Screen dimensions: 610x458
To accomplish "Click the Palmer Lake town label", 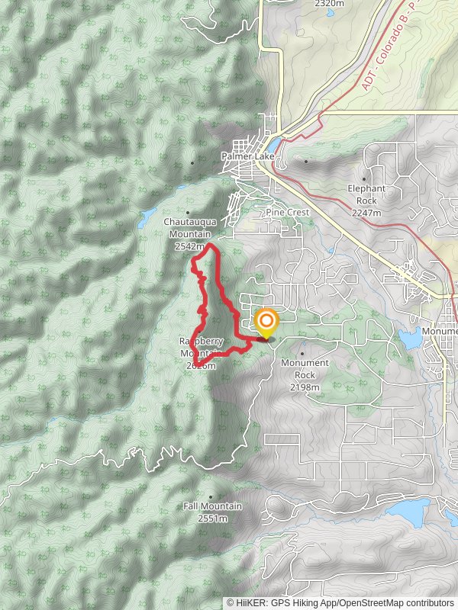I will pos(247,157).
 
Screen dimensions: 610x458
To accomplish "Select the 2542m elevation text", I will pos(189,246).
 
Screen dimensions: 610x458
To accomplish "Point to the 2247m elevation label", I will pos(366,213).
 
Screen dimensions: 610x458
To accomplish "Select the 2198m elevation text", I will pos(305,387).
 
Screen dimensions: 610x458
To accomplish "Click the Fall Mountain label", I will pos(212,506).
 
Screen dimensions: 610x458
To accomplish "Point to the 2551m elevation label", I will pos(212,518).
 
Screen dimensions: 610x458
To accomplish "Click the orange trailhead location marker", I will pos(266,322).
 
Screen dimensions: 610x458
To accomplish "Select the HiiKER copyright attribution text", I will pos(339,602).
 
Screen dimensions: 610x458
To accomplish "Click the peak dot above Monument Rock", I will pos(302,354).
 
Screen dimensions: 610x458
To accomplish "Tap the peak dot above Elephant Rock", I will pos(306,161).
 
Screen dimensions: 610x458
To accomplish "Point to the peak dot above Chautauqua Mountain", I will pos(188,213).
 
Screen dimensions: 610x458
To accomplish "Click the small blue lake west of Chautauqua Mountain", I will pos(147,217).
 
